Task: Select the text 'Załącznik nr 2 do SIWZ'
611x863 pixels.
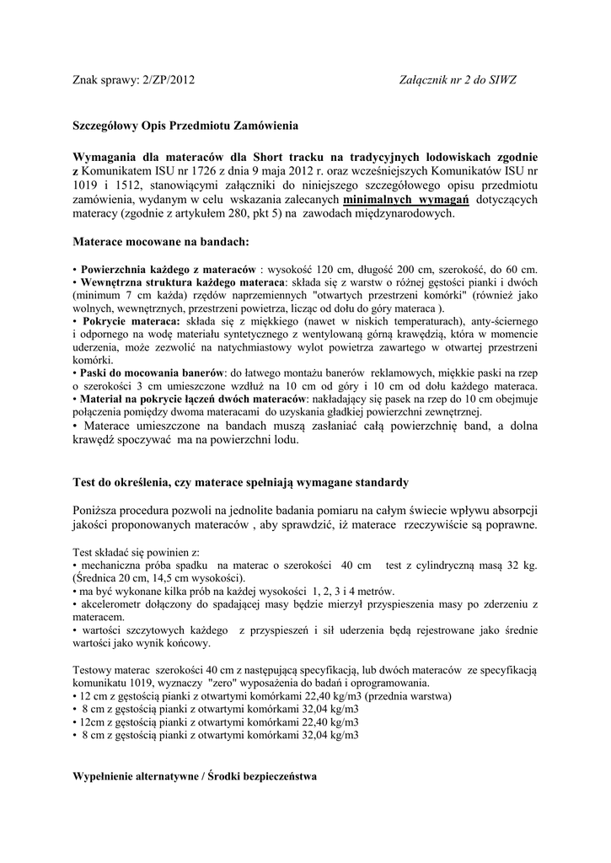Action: tap(458, 80)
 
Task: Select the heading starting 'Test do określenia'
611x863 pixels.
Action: tap(240, 483)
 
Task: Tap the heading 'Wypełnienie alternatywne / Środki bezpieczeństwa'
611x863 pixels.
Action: tap(194, 776)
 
